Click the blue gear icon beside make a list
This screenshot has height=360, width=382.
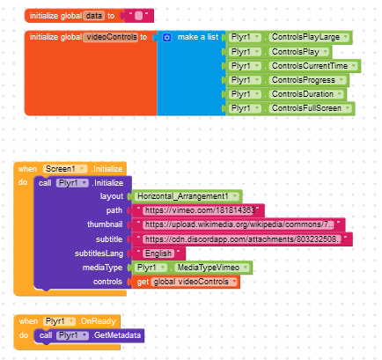[166, 38]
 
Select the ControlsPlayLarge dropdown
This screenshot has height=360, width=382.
[309, 37]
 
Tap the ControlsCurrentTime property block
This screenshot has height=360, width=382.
[293, 66]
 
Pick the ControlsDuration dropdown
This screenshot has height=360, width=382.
[306, 94]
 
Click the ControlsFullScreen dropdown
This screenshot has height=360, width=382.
[310, 108]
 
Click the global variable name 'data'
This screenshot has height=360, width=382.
[94, 16]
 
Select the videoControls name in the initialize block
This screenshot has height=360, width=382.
[111, 37]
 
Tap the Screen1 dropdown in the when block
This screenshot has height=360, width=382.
[65, 169]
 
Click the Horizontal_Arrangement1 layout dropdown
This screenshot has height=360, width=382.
[187, 196]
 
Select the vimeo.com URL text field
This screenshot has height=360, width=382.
[199, 210]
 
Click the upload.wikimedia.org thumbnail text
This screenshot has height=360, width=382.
[239, 224]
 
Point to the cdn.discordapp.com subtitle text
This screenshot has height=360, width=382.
[243, 239]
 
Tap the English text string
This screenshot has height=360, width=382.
[158, 253]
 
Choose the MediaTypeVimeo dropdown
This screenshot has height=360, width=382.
[212, 268]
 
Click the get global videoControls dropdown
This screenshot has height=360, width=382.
[195, 282]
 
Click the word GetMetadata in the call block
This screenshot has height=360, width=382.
[117, 335]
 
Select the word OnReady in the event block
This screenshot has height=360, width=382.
[99, 321]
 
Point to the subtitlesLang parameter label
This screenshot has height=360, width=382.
[99, 253]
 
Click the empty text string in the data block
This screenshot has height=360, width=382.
[138, 16]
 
